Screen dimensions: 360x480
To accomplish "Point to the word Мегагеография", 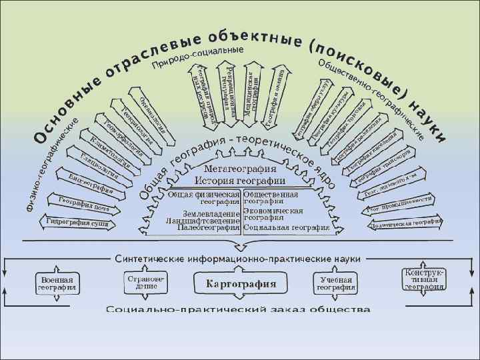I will coord(240,169).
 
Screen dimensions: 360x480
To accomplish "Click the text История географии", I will coord(240,181).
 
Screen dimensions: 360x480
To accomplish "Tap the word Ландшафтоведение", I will coord(203,220).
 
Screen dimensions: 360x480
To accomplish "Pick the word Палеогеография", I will coord(208,227).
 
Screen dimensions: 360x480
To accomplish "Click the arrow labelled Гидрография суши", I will coord(77,221).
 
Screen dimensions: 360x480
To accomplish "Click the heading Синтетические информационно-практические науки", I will coord(239,257).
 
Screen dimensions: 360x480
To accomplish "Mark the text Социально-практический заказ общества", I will coord(238,310).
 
